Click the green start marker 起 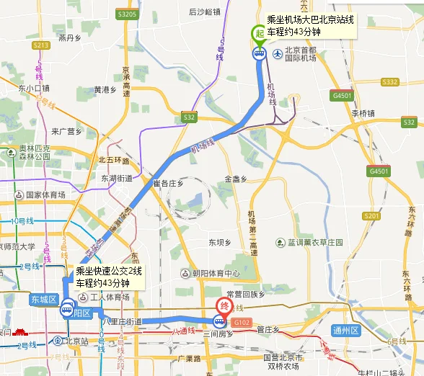click(x=258, y=33)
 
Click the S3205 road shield click(x=127, y=14)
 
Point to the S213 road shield click(x=40, y=45)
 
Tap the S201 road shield click(x=371, y=215)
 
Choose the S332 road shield click(x=389, y=82)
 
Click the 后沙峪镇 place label click(x=204, y=12)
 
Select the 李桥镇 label click(x=363, y=113)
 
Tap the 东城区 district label click(x=43, y=298)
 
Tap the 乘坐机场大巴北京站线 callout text click(x=310, y=19)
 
